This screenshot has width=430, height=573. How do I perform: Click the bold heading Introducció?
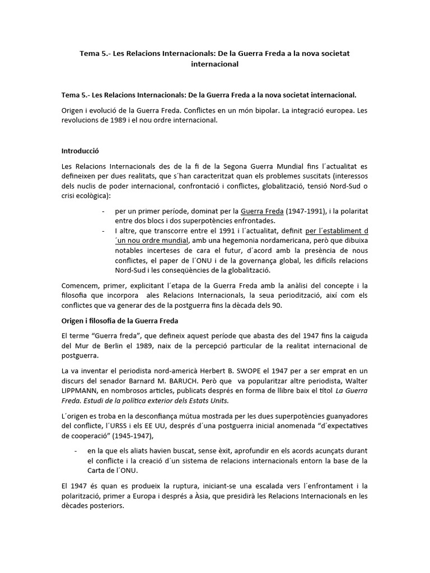(81, 151)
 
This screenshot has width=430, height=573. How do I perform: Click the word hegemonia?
(238, 241)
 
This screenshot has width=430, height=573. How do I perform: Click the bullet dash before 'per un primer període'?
(104, 211)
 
